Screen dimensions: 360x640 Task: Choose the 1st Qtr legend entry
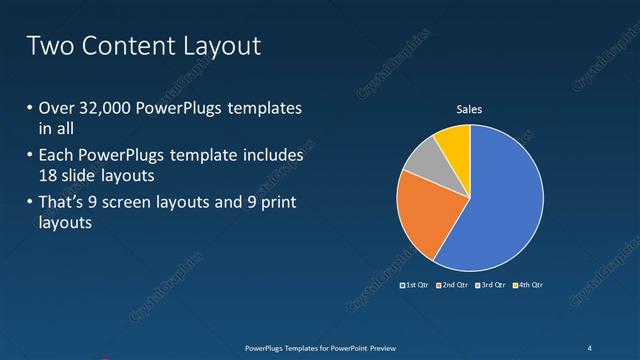pyautogui.click(x=416, y=285)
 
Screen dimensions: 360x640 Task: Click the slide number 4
pyautogui.click(x=589, y=347)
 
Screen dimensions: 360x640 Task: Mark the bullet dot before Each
pyautogui.click(x=28, y=157)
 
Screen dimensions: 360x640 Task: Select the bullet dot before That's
pyautogui.click(x=28, y=205)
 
